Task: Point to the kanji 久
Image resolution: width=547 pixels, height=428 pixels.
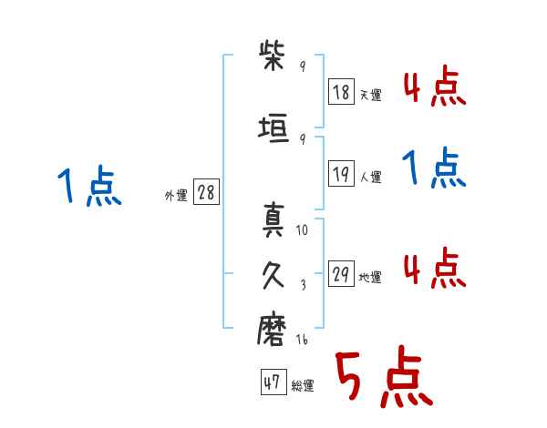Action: tap(274, 274)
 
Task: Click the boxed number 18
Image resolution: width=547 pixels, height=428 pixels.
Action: tap(342, 92)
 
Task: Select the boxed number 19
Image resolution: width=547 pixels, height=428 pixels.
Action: tap(342, 174)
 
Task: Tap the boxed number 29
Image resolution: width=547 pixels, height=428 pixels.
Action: tap(342, 274)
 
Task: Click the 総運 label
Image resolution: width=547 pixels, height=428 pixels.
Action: tap(302, 386)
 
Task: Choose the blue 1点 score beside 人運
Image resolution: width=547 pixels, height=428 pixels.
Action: tap(433, 168)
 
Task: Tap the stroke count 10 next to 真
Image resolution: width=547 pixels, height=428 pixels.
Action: tap(302, 230)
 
